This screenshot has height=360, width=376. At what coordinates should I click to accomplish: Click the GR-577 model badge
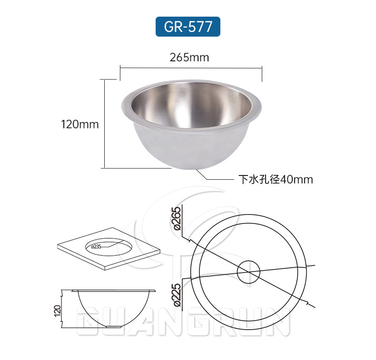[x=188, y=27]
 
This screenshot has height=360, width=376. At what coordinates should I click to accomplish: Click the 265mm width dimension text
[x=189, y=58]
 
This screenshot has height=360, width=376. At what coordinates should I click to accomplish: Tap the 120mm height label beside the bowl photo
[x=80, y=125]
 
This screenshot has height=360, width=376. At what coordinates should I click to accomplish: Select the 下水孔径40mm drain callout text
[x=276, y=179]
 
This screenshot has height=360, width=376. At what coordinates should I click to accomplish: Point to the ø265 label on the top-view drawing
[x=178, y=218]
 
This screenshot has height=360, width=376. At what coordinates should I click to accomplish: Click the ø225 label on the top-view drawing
[x=178, y=295]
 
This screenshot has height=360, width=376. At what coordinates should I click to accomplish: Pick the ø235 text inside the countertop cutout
[x=96, y=247]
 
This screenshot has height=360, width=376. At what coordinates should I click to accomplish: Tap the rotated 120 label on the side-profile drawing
[x=58, y=311]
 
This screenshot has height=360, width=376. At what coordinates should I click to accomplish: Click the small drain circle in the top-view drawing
[x=248, y=261]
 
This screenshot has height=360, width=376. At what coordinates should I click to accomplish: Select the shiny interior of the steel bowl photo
[x=191, y=106]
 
